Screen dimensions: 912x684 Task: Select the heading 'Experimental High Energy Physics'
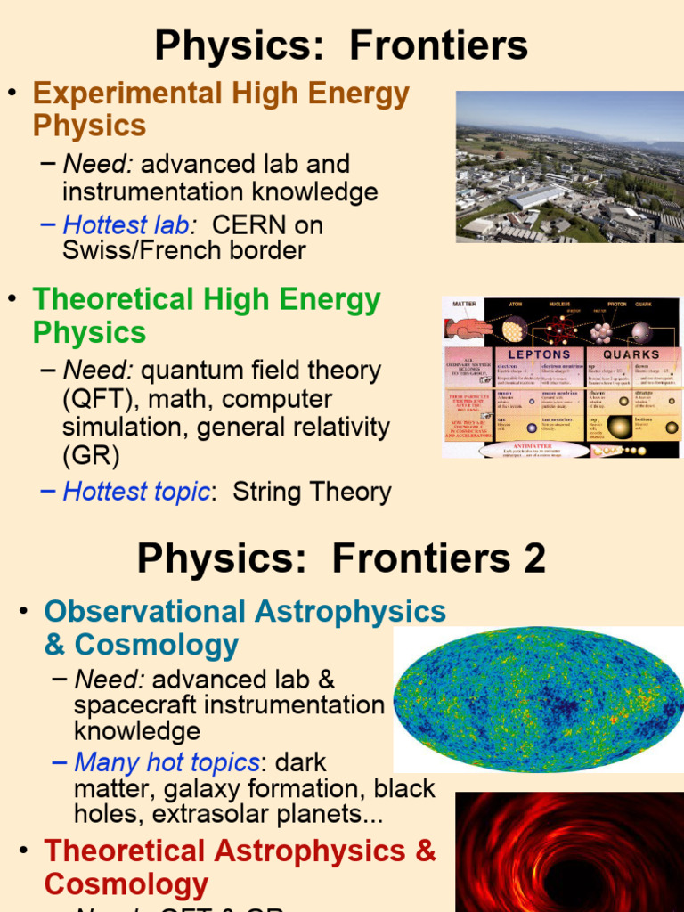coord(221,109)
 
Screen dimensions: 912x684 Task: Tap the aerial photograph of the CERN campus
coord(569,167)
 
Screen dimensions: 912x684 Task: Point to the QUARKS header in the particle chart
coord(631,354)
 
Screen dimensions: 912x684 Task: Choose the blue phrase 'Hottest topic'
coord(136,492)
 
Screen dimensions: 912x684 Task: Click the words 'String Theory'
coord(312,492)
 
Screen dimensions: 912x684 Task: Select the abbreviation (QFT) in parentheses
coord(94,399)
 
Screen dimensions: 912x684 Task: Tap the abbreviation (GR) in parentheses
coord(90,456)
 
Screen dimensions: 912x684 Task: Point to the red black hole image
coord(569,852)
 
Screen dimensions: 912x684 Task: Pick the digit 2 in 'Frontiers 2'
coord(533,559)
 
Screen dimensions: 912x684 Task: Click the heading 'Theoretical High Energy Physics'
coord(207,316)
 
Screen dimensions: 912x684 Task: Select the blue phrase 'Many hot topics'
coord(167,762)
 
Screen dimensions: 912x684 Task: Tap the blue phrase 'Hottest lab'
coord(126,224)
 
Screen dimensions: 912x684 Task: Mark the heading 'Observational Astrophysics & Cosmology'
coord(245,628)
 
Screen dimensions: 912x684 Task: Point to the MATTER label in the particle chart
coord(464,304)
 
